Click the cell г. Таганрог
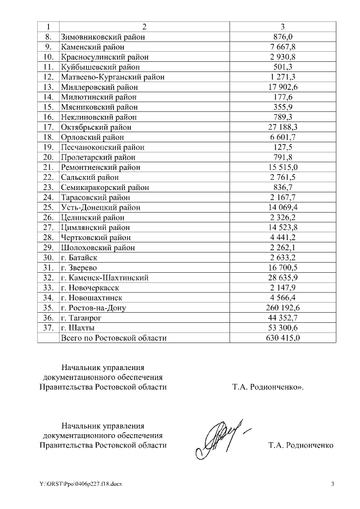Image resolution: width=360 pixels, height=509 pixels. pos(84,318)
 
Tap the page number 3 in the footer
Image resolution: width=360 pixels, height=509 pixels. pos(332,484)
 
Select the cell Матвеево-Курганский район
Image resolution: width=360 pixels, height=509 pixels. pos(112,77)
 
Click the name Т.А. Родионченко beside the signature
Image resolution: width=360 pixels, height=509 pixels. pos(301,445)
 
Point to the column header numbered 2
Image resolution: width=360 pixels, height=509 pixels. pos(145,26)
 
